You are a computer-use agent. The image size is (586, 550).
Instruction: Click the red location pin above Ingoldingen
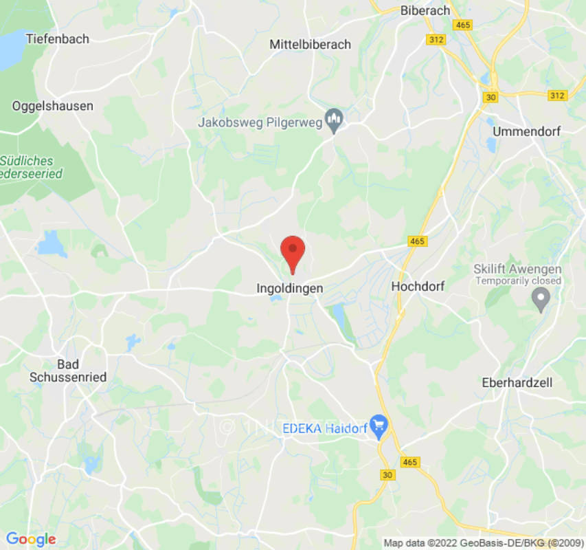(293, 252)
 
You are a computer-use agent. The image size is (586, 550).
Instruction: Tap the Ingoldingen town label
(289, 289)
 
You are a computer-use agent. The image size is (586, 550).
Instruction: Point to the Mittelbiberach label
(310, 44)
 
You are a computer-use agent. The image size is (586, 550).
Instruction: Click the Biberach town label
(425, 10)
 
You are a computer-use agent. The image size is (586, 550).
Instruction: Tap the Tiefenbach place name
(58, 39)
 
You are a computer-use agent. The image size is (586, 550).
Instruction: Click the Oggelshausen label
(53, 106)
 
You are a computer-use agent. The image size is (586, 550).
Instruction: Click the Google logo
(30, 540)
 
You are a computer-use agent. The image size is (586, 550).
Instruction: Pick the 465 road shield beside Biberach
(463, 25)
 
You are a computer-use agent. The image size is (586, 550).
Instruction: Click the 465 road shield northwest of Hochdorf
(418, 241)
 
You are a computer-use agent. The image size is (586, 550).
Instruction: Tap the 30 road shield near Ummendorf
(490, 97)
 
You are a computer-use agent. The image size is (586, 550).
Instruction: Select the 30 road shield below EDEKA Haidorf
(387, 475)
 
